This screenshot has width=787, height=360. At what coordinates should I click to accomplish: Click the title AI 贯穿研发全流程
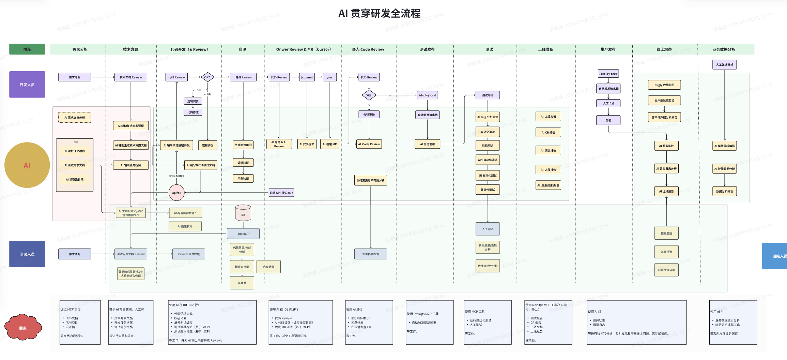[x=379, y=14]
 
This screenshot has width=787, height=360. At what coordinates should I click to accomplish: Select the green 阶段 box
[x=27, y=49]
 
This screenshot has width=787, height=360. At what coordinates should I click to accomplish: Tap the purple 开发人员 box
[x=27, y=85]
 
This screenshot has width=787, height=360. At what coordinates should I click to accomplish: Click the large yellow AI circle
[x=27, y=165]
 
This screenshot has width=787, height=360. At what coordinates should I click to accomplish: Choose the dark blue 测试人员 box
[x=27, y=254]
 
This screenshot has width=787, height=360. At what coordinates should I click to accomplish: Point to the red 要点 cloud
[x=23, y=328]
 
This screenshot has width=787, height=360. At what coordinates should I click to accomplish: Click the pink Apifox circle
[x=176, y=193]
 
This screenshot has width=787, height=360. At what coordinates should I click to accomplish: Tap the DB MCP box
[x=243, y=234]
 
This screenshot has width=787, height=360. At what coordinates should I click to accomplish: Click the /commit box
[x=307, y=77]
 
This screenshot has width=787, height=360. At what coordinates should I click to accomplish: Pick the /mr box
[x=329, y=77]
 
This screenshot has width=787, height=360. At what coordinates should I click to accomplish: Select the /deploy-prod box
[x=608, y=74]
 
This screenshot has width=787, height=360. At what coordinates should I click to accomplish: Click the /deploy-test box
[x=427, y=95]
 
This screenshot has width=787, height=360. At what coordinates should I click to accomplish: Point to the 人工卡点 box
[x=608, y=103]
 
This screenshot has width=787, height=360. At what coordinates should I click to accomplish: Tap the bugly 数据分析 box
[x=664, y=85]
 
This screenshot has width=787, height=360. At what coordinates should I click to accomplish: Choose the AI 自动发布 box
[x=427, y=144]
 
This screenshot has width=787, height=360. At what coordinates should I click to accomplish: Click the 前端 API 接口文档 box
[x=281, y=193]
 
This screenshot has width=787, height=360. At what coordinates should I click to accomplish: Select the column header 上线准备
[x=545, y=49]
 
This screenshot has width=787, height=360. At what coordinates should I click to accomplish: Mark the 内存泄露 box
[x=268, y=267]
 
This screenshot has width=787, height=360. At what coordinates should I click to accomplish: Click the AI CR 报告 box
[x=548, y=132]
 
